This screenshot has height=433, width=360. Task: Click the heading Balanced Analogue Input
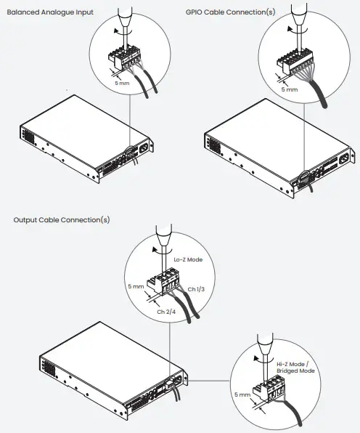tap(49, 12)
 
